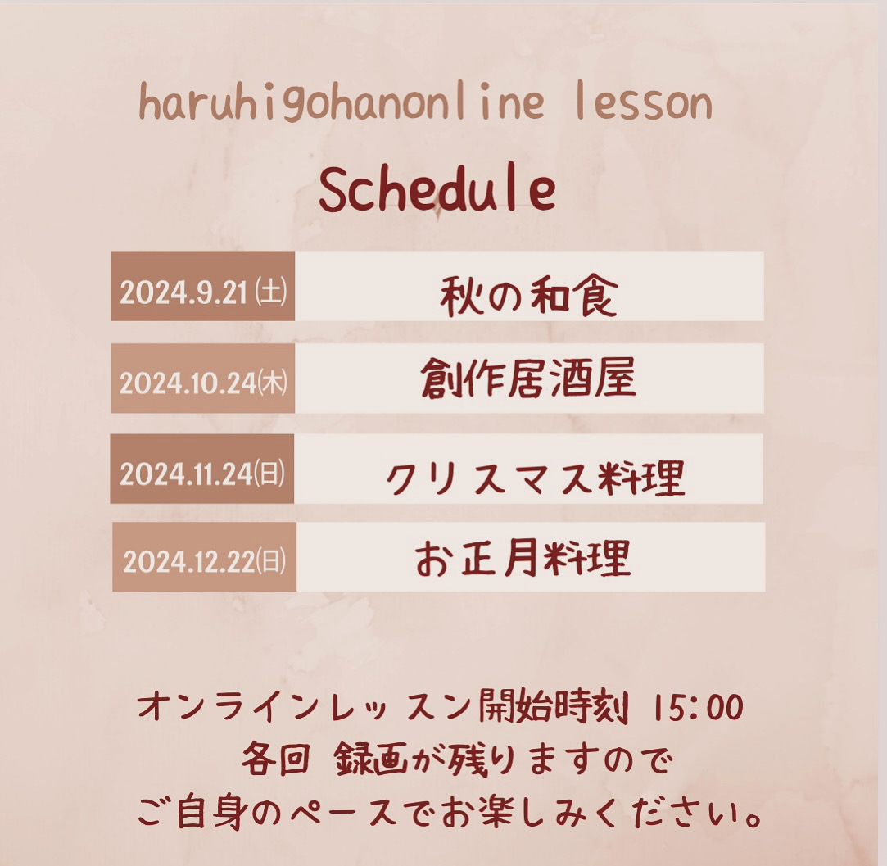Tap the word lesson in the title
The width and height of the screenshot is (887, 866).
(643, 102)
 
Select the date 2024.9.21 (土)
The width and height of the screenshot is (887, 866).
(203, 292)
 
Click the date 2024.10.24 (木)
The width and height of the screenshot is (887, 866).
(203, 383)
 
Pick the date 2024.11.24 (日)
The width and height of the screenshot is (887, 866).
(202, 474)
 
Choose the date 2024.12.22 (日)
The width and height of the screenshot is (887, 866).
(205, 561)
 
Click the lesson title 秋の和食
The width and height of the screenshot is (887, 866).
(528, 296)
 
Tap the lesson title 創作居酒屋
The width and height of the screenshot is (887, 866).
(528, 378)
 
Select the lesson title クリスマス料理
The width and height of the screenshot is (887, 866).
(535, 478)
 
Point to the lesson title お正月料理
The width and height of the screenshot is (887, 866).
(523, 559)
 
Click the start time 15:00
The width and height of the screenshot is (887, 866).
(698, 708)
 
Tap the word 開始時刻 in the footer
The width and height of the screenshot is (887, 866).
(553, 708)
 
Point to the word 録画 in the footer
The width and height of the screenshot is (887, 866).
(370, 759)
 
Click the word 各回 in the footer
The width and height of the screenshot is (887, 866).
(275, 759)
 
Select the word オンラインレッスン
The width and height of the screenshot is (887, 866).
(305, 708)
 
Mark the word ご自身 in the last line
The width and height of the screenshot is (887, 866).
(191, 813)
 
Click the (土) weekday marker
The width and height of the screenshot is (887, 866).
(271, 292)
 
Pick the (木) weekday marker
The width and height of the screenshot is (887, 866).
(273, 383)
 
